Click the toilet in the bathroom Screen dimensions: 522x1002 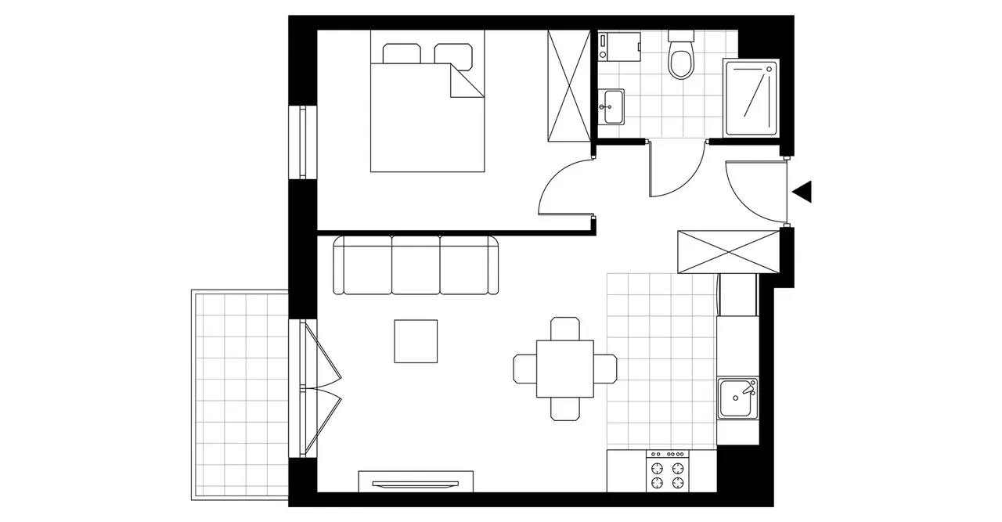click(x=681, y=59)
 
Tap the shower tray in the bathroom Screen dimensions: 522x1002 click(x=751, y=99)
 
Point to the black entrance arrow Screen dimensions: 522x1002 click(x=802, y=192)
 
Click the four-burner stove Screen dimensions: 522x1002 click(x=667, y=472)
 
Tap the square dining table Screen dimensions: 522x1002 click(x=564, y=368)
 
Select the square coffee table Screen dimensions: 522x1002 click(x=416, y=341)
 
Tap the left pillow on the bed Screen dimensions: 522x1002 click(x=402, y=54)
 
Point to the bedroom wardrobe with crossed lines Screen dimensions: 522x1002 click(x=568, y=86)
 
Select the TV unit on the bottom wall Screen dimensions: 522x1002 click(x=416, y=481)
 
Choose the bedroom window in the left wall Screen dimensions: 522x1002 click(x=301, y=142)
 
